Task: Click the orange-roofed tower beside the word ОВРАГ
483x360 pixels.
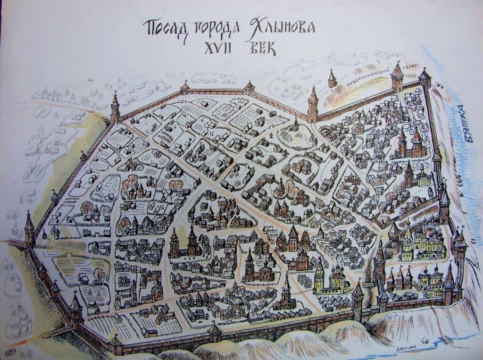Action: click(x=397, y=78)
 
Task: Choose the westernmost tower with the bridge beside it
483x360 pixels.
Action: click(x=29, y=229)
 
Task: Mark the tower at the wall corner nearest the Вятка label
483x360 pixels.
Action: click(x=425, y=78)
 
